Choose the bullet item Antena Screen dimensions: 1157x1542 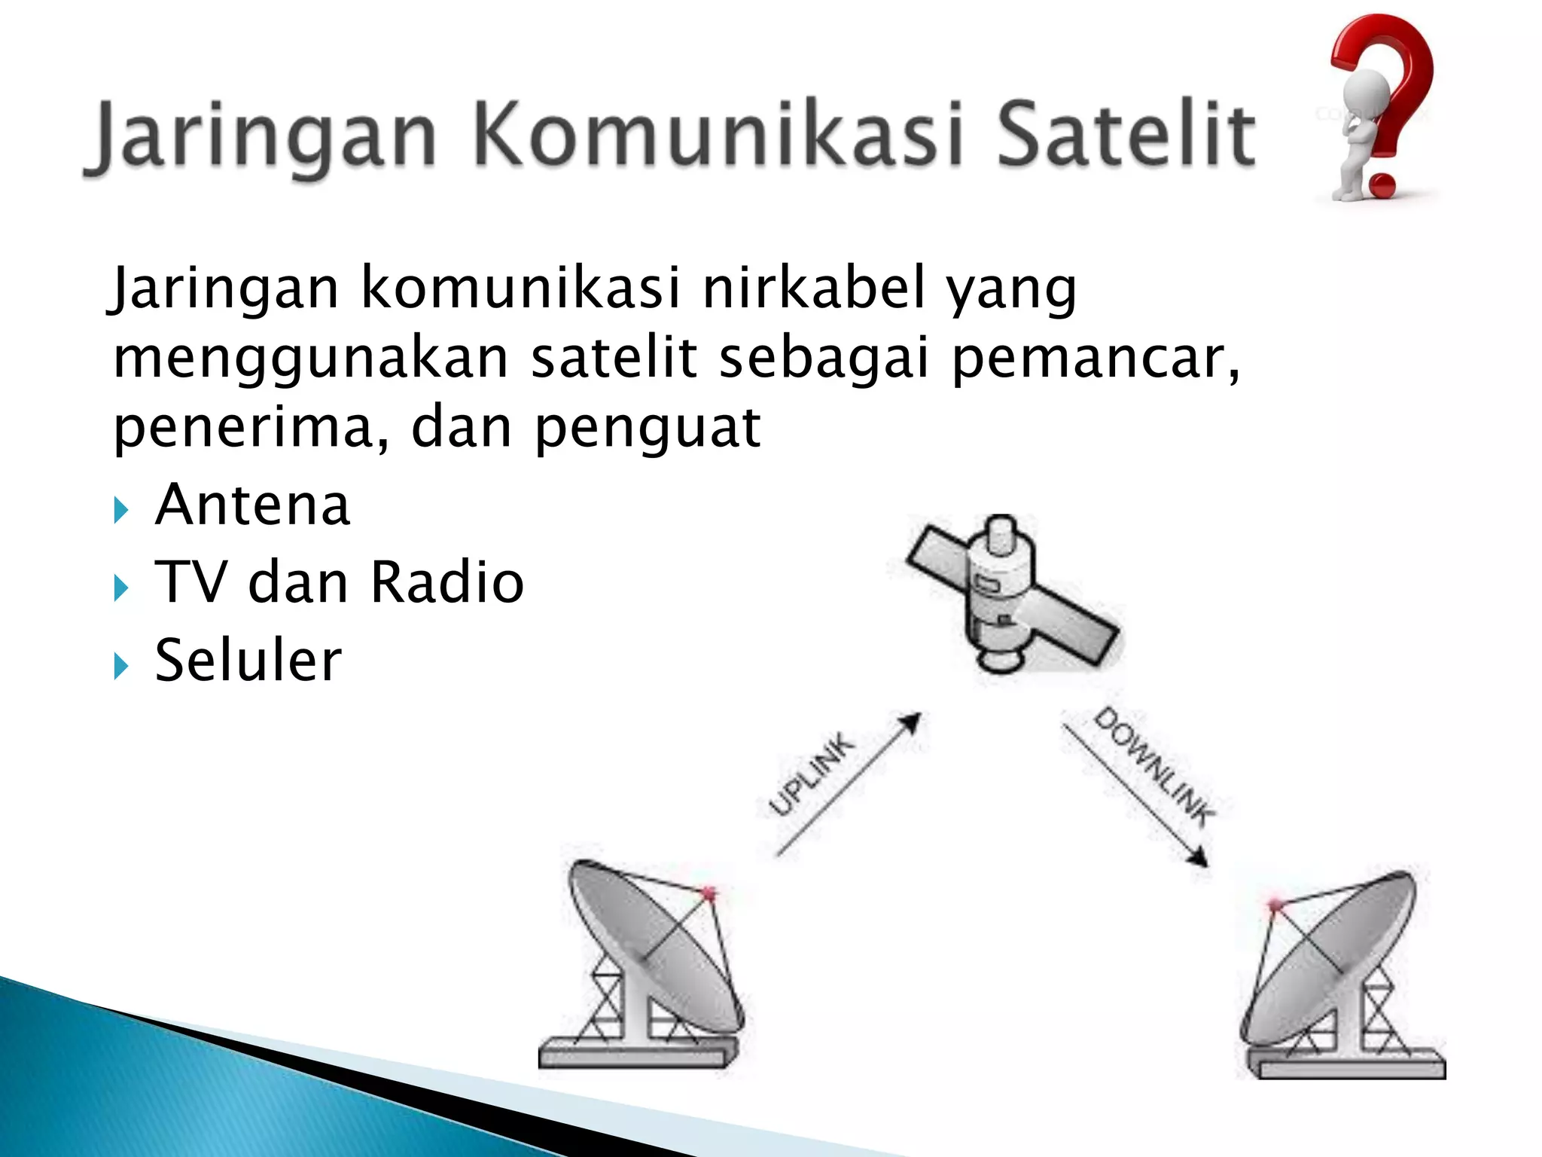252,505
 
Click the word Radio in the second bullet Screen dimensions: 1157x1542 447,582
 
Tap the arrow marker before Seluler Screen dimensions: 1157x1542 121,666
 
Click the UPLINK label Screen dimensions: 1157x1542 812,775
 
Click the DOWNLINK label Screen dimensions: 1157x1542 1153,766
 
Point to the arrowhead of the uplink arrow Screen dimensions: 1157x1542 912,722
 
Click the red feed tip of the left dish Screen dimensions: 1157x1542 709,894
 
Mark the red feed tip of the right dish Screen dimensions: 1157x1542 1275,905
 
